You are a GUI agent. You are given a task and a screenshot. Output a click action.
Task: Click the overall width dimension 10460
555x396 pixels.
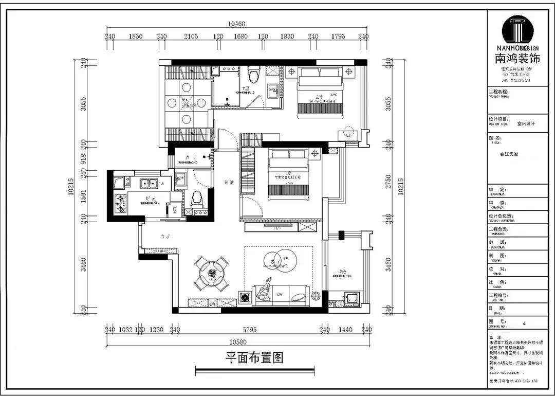[x=236, y=24]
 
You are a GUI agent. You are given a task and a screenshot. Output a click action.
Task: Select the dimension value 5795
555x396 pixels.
[x=250, y=330]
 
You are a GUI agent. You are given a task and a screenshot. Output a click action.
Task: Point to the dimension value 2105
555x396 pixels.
[x=191, y=37]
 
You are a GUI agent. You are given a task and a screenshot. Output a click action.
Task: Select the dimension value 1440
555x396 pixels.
[x=346, y=330]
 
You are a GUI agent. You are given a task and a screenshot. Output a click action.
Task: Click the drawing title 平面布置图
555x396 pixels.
[x=254, y=357]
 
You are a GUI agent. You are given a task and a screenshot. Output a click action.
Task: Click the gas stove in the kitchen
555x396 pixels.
[x=122, y=204]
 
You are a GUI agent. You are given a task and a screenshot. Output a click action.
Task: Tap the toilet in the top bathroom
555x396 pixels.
[x=252, y=75]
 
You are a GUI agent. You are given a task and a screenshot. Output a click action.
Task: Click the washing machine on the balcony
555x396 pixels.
[x=353, y=298]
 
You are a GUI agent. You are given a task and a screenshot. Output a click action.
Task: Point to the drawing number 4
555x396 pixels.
[x=524, y=323]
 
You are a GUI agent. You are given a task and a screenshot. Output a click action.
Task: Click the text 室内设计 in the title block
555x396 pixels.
[x=526, y=124]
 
